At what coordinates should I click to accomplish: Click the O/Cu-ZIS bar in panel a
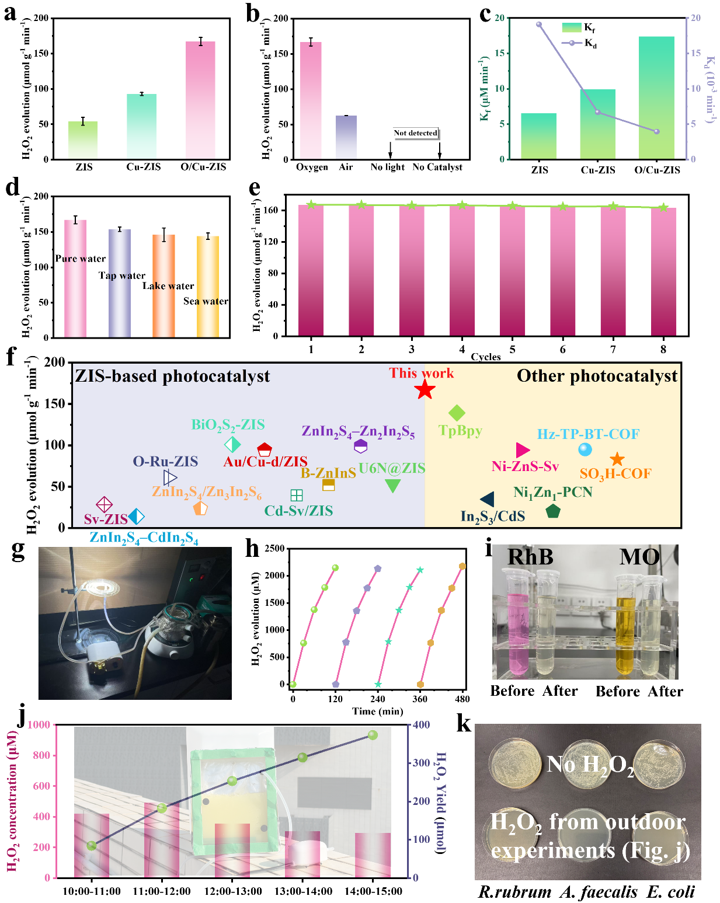[200, 100]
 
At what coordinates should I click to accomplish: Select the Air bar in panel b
[346, 137]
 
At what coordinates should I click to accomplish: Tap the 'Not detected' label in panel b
[415, 133]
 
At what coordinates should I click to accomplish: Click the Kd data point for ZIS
[539, 25]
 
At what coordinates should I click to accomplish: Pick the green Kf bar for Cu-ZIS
[597, 124]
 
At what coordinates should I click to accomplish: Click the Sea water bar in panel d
[208, 287]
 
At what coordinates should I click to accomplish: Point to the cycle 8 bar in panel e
[663, 272]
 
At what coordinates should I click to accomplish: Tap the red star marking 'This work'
[425, 389]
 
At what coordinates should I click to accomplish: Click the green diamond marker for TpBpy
[457, 413]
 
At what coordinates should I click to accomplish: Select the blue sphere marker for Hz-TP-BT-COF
[585, 449]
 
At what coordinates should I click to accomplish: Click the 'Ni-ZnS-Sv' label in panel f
[525, 466]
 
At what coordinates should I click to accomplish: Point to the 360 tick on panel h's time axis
[420, 699]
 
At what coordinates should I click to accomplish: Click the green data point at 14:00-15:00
[373, 735]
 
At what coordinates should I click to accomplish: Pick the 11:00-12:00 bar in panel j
[162, 839]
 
